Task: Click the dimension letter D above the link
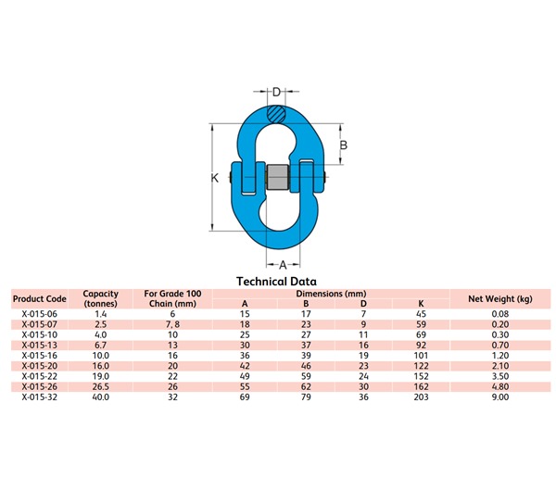(277, 92)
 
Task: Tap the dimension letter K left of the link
(214, 178)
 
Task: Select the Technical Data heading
(277, 281)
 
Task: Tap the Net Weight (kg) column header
(499, 299)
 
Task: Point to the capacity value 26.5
(101, 386)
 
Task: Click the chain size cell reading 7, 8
(171, 325)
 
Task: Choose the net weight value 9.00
(499, 397)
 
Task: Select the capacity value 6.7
(101, 346)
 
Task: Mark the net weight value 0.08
(499, 315)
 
